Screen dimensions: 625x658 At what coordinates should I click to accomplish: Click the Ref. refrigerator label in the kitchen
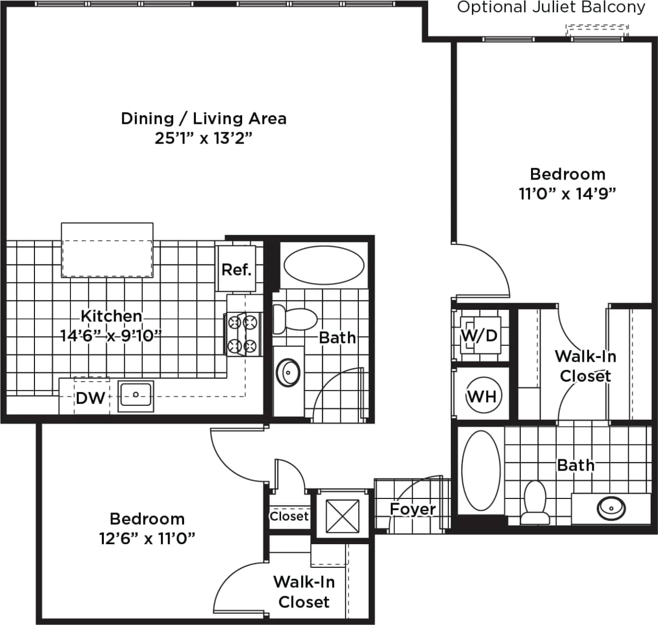coord(236,270)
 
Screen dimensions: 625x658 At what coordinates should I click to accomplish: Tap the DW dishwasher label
coord(90,398)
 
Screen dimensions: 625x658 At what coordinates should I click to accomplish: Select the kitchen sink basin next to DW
coord(136,396)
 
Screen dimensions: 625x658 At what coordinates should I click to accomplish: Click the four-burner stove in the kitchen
coord(243,334)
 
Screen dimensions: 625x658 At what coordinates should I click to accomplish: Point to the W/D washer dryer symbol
coord(479,336)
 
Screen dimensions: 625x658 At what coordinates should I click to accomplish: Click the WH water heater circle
coord(482,396)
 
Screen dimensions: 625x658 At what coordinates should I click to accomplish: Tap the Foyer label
coord(413,509)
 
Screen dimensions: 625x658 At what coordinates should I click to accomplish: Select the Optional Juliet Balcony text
coord(551,8)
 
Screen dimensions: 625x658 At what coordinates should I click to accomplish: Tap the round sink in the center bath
coord(288,372)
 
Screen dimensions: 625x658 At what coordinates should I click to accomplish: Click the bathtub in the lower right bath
coord(481,470)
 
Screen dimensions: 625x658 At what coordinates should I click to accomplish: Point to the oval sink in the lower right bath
coord(611,508)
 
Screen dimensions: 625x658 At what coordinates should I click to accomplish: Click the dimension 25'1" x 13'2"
coord(204,138)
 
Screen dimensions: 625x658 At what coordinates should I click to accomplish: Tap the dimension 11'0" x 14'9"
coord(567,194)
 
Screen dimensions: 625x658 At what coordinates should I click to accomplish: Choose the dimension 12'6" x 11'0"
coord(147,539)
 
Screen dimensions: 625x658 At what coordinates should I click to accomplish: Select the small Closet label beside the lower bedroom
coord(289,516)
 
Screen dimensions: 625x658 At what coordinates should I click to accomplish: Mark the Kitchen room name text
coord(112,316)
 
